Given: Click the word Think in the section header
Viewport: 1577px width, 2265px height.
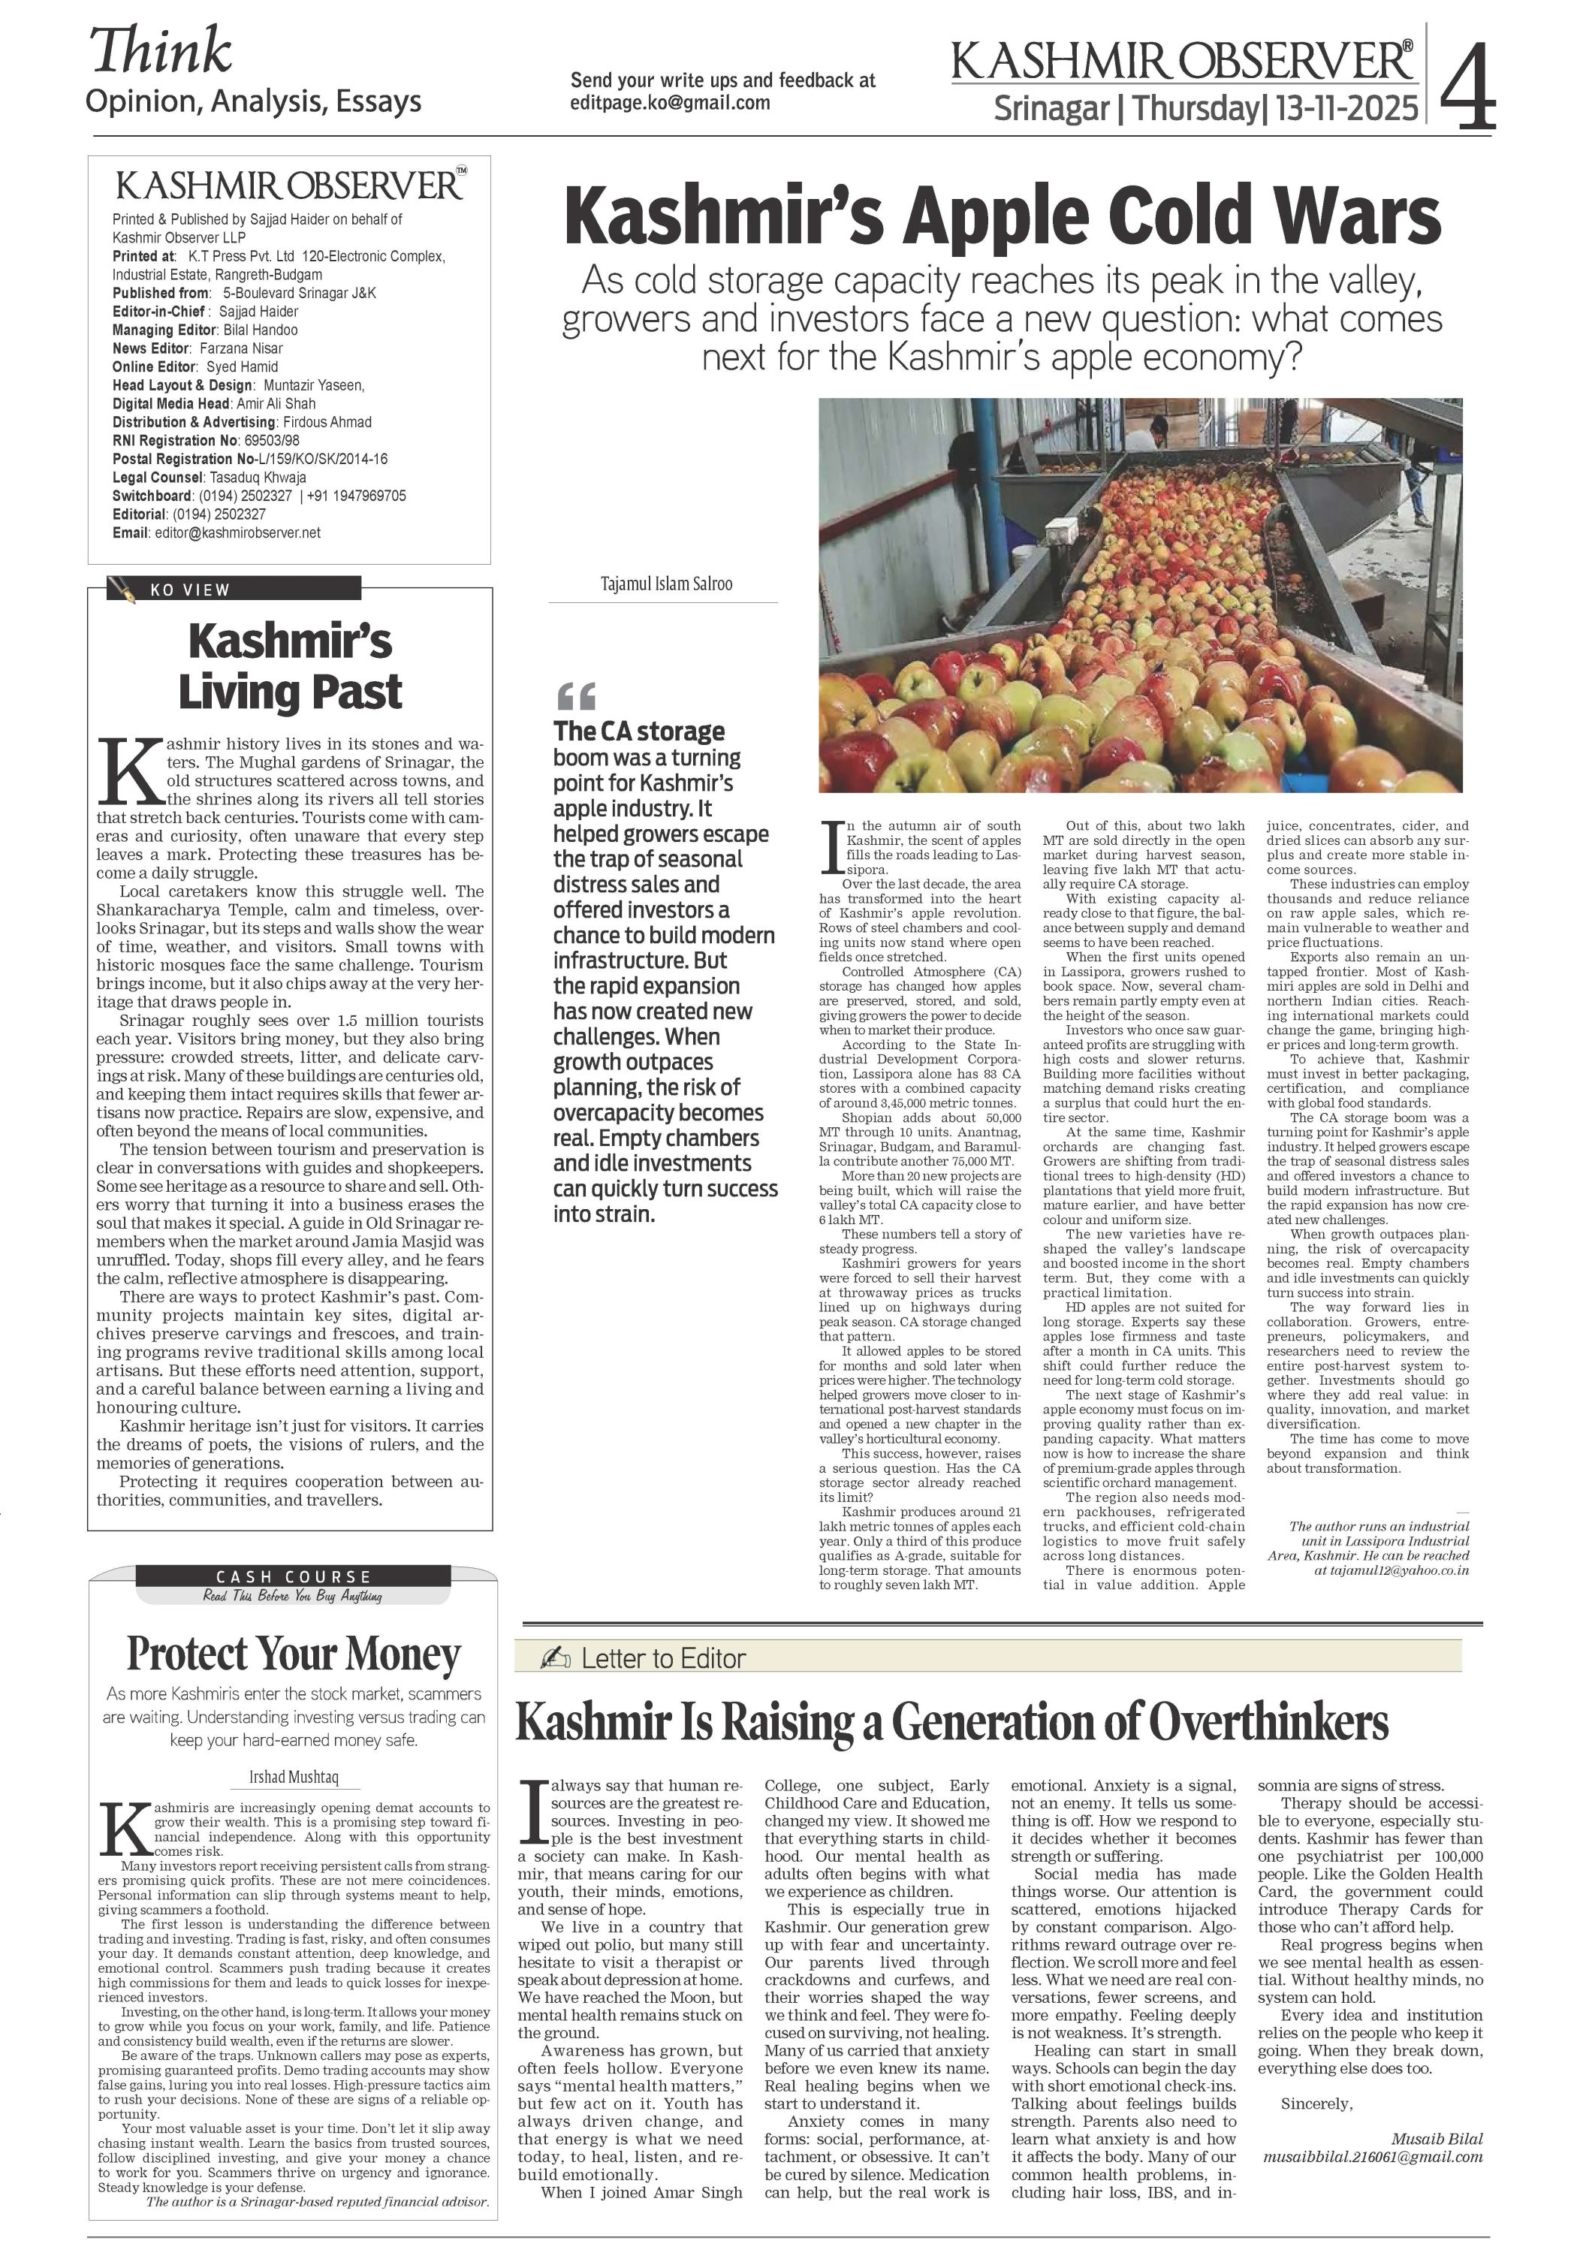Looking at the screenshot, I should coord(161,51).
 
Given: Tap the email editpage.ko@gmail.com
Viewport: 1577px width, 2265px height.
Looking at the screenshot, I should coord(670,104).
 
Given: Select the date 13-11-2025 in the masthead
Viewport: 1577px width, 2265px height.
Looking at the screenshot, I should coord(1346,107).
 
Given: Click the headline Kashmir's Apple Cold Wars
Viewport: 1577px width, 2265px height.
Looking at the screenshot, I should coord(1002,216).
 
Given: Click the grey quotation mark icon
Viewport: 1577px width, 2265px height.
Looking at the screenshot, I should coord(576,695).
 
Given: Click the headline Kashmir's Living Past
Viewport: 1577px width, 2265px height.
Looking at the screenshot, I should coord(290,666).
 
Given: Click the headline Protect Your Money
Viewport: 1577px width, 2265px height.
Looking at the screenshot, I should coord(293,1655).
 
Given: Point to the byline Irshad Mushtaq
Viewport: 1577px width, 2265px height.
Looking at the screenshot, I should coord(293,1777).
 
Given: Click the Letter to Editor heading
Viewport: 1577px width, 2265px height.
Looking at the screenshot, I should coord(663,1659).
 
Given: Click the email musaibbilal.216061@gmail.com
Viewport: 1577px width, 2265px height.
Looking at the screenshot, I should coord(1372,2158).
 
